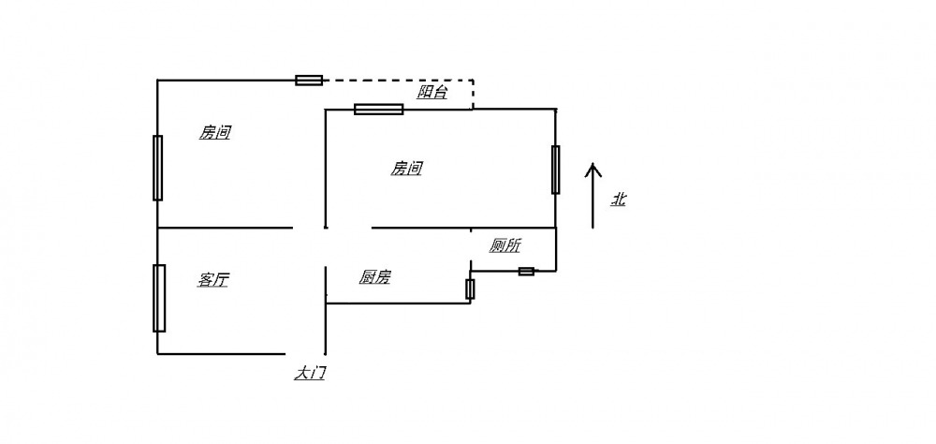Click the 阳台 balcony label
point(431,92)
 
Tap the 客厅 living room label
point(213,280)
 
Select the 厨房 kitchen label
point(375,277)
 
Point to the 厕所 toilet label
point(505,245)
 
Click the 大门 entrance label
point(311,373)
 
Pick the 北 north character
point(619,199)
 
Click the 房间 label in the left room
point(215,133)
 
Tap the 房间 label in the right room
point(406,169)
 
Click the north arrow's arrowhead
point(592,169)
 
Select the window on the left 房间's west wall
point(157,168)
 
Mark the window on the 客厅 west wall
point(159,298)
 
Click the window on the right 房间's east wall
point(556,170)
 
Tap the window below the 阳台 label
point(379,110)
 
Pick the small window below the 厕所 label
point(527,272)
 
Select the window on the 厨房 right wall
point(470,289)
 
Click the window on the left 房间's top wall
point(309,81)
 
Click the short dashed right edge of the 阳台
point(473,95)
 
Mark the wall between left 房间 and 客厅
point(225,228)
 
